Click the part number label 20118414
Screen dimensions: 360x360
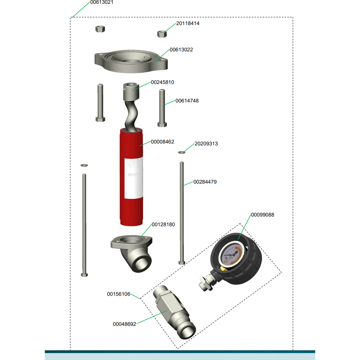coord(188,23)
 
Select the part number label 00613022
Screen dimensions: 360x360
coord(181,50)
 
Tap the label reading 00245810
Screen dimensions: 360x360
coord(162,82)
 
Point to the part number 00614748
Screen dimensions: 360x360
coord(187,101)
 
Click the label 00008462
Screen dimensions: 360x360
coord(162,142)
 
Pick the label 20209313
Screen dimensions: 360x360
coord(206,144)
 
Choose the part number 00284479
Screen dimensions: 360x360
coord(205,182)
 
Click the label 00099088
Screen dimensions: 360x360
coord(262,215)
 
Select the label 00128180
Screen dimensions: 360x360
coord(163,225)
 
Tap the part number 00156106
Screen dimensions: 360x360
coord(118,294)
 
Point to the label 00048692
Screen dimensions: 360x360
coord(124,324)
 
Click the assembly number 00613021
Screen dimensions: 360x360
coord(102,3)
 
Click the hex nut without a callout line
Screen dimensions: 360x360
coord(100,29)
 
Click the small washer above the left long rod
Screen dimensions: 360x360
coord(84,165)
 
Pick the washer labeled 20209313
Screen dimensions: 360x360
coord(182,152)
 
